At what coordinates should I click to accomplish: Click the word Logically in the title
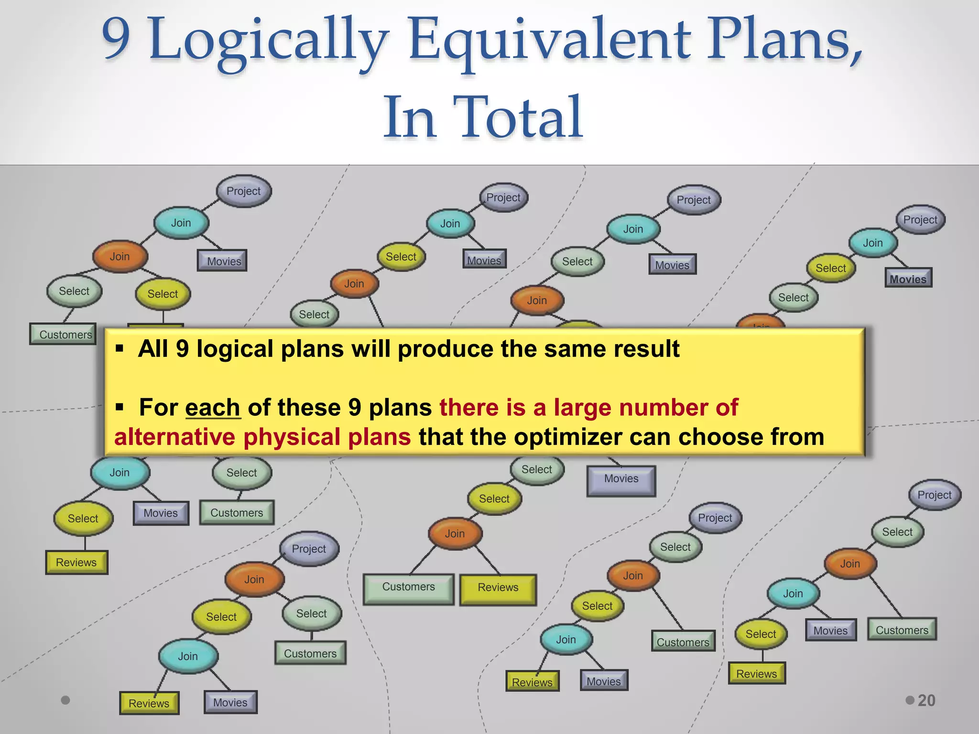pyautogui.click(x=268, y=41)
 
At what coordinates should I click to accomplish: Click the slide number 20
pyautogui.click(x=926, y=700)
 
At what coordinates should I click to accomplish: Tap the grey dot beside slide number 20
pyautogui.click(x=910, y=700)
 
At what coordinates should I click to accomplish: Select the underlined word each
pyautogui.click(x=213, y=408)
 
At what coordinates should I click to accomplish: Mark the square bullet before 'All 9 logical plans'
pyautogui.click(x=120, y=348)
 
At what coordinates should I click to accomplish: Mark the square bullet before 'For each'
pyautogui.click(x=120, y=407)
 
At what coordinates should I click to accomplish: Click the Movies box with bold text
pyautogui.click(x=907, y=279)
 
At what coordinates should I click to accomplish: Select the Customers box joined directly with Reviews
pyautogui.click(x=408, y=587)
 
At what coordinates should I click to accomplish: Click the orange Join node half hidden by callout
pyautogui.click(x=760, y=322)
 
